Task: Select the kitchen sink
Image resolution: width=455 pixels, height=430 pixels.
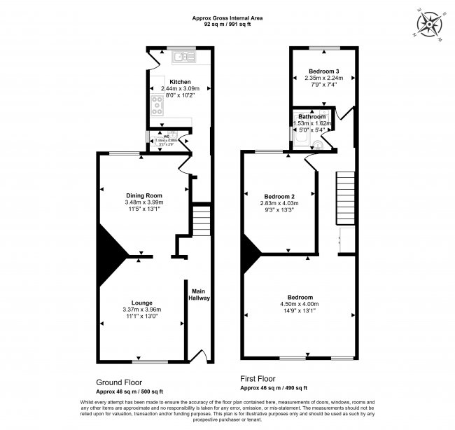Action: (x=185, y=56)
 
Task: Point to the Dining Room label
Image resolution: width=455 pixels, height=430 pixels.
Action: (x=143, y=195)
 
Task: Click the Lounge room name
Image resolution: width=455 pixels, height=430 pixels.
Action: (x=143, y=302)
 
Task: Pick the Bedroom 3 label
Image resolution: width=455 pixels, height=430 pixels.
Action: (x=323, y=71)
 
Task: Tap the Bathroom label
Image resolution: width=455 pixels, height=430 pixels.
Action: (x=311, y=116)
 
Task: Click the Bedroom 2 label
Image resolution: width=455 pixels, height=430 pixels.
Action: (x=279, y=196)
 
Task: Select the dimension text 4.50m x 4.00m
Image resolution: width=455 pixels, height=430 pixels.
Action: (x=299, y=304)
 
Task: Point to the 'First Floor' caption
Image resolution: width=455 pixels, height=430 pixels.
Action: (x=258, y=378)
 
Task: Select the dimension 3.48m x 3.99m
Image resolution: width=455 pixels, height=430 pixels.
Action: (x=143, y=203)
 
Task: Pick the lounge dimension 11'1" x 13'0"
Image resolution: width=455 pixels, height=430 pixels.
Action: (x=143, y=316)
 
